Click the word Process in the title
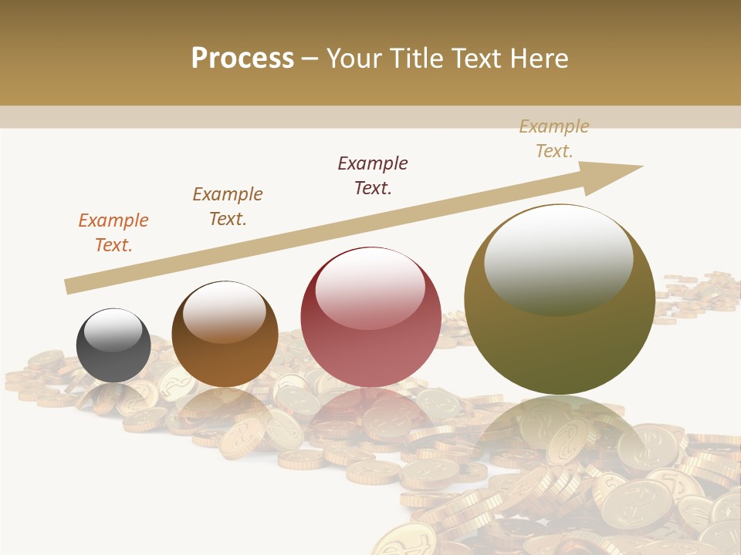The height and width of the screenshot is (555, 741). point(242,59)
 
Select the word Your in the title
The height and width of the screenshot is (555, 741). point(357,59)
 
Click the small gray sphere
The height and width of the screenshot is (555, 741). point(113,345)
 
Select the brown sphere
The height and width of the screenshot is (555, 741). point(225,335)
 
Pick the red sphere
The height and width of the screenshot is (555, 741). point(370,317)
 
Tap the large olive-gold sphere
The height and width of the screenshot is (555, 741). point(560,299)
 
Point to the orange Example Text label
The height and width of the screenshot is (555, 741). point(113,233)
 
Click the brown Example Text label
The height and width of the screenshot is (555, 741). point(228,207)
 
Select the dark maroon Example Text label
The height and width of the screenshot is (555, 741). point(373,176)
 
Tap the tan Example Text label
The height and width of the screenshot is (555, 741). point(554,139)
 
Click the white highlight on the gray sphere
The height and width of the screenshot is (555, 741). point(113,330)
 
